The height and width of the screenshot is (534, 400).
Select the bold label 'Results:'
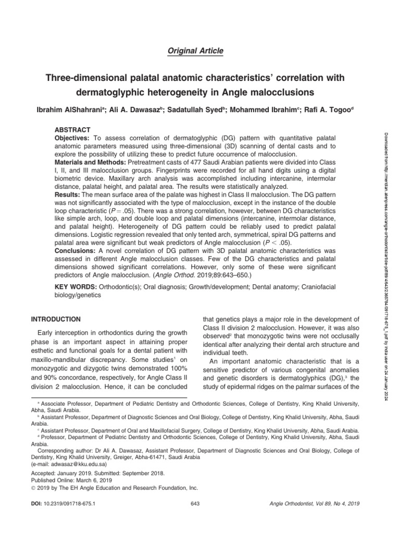click(69, 195)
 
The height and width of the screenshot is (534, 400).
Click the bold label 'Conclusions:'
click(76, 251)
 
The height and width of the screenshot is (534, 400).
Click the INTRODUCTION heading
click(56, 319)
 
